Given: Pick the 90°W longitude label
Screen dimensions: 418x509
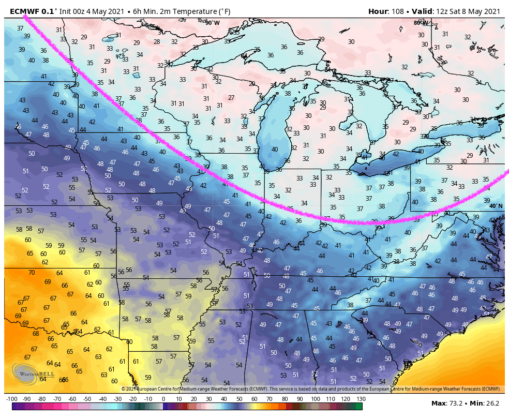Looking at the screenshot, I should [x=212, y=23].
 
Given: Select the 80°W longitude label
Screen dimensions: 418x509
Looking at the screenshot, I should [x=420, y=23].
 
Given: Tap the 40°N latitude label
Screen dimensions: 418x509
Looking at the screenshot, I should [x=496, y=206].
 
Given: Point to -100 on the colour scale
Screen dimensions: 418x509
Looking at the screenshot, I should [x=11, y=399].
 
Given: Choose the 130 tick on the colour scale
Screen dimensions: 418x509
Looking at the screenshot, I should [x=361, y=399].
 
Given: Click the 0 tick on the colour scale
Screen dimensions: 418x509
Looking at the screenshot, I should [x=163, y=399].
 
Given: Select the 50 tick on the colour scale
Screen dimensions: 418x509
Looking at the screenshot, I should [x=239, y=399].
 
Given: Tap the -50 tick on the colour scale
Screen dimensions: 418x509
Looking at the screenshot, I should [x=87, y=399].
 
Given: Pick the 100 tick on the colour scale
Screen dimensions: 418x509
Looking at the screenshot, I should [x=315, y=399].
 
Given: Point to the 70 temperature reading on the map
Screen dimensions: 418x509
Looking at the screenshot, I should [x=32, y=272].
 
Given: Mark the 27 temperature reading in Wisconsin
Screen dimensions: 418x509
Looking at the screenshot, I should [x=231, y=98].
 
